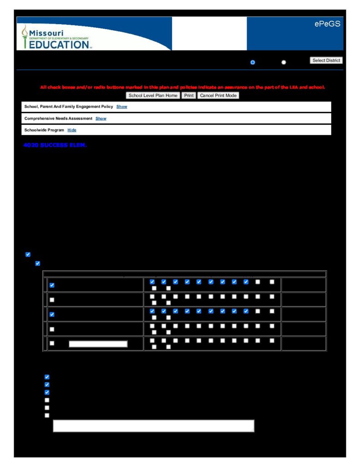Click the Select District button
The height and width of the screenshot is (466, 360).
tap(326, 61)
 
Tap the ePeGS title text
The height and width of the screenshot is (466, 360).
tap(327, 24)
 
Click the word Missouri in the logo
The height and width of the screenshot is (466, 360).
tap(46, 33)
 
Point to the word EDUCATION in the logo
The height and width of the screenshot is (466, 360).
tap(59, 45)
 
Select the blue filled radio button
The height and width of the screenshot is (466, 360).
tap(253, 62)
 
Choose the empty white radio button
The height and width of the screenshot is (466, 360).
tap(284, 62)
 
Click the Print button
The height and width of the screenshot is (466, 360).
tap(188, 96)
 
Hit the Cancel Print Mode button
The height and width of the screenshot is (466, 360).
tap(218, 96)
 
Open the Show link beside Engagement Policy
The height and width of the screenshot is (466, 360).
tap(122, 106)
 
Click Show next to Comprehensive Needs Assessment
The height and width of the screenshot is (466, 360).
tap(101, 118)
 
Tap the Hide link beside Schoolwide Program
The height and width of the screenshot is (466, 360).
tap(72, 130)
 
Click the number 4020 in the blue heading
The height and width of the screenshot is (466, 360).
tap(30, 146)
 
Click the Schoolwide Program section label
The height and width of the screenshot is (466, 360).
tap(44, 130)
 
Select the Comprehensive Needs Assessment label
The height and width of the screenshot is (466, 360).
tap(58, 118)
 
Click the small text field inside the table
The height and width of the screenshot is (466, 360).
tap(98, 344)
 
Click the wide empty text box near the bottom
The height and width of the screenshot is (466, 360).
tap(153, 425)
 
